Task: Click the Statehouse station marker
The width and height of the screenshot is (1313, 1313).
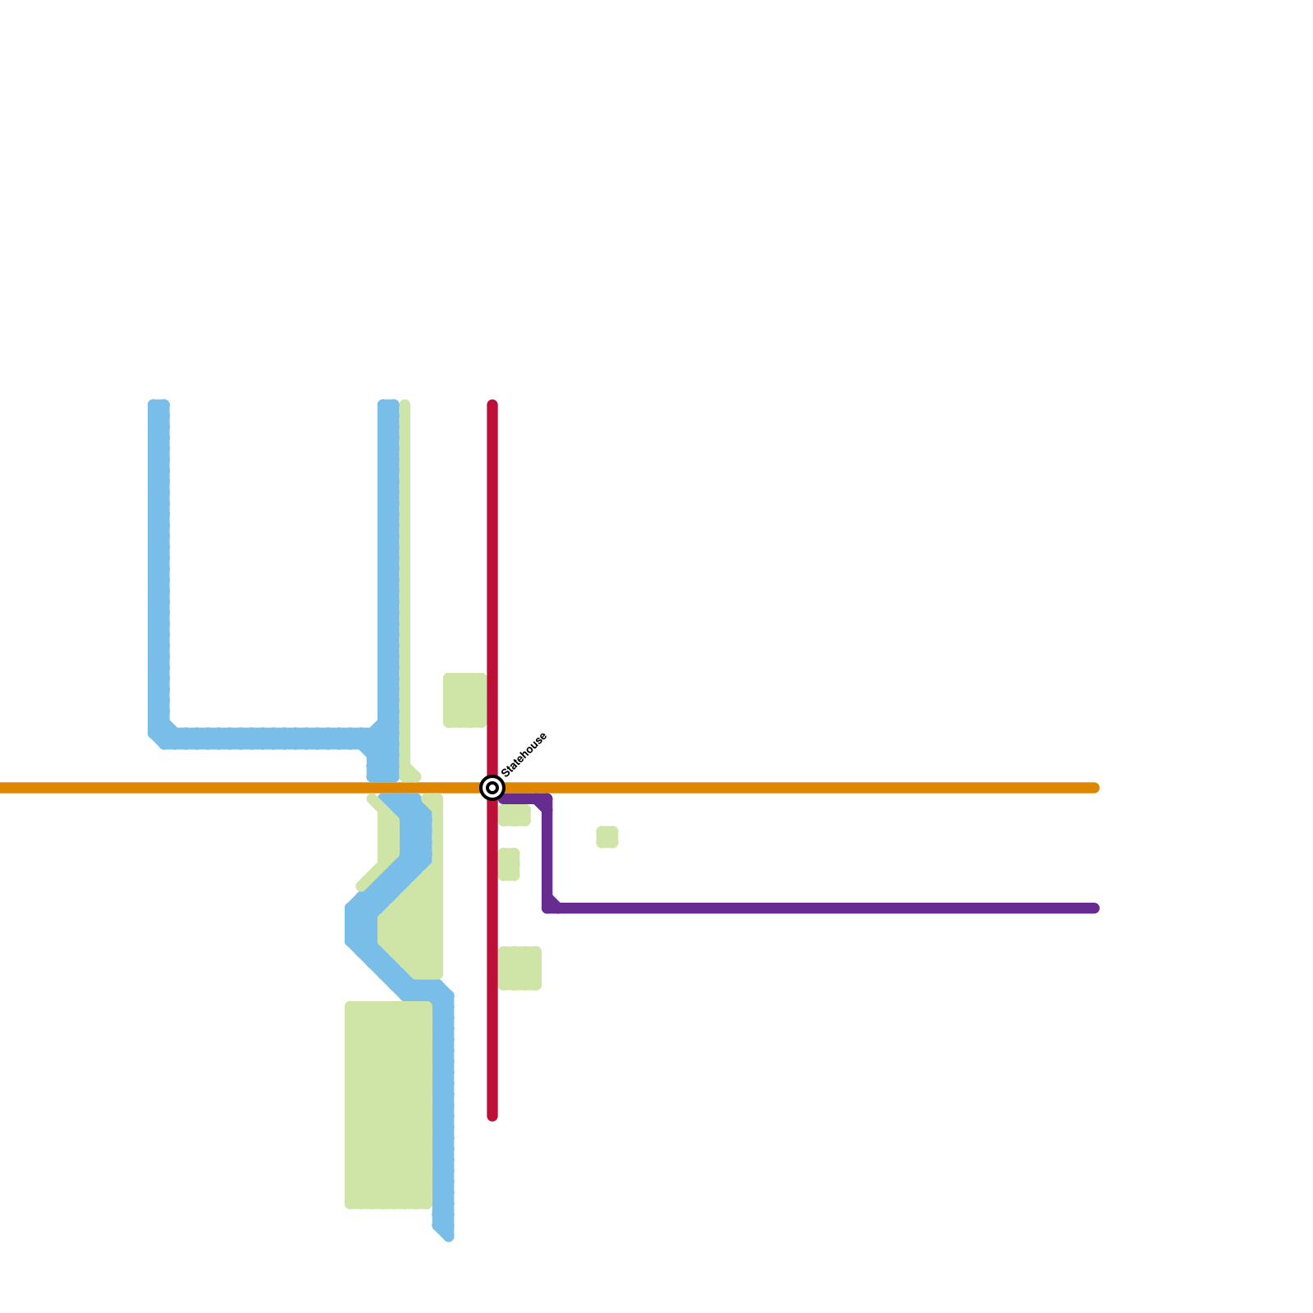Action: click(x=492, y=788)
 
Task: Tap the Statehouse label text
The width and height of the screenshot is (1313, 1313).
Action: click(x=524, y=754)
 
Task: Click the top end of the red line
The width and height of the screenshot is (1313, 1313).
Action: click(x=492, y=405)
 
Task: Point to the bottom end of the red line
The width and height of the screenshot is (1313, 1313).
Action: click(x=492, y=1116)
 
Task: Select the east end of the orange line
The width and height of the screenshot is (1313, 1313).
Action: click(x=1095, y=788)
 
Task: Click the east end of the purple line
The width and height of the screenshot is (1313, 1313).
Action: click(x=1095, y=908)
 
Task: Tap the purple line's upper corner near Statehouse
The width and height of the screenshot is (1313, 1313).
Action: click(x=547, y=799)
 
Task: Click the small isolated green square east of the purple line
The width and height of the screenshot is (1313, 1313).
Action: click(x=607, y=837)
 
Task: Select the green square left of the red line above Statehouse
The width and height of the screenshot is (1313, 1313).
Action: click(x=464, y=700)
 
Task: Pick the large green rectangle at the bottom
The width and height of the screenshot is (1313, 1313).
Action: click(x=388, y=1105)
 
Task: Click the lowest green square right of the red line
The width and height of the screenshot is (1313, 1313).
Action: click(x=520, y=968)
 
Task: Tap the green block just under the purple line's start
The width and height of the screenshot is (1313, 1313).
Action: click(x=515, y=816)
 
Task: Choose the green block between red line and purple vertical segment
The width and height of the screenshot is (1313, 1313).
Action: click(x=510, y=864)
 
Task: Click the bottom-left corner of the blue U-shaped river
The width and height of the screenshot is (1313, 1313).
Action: click(x=161, y=737)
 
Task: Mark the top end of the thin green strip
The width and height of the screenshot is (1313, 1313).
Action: click(x=405, y=404)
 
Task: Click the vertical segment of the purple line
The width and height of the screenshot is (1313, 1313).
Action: click(x=547, y=853)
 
